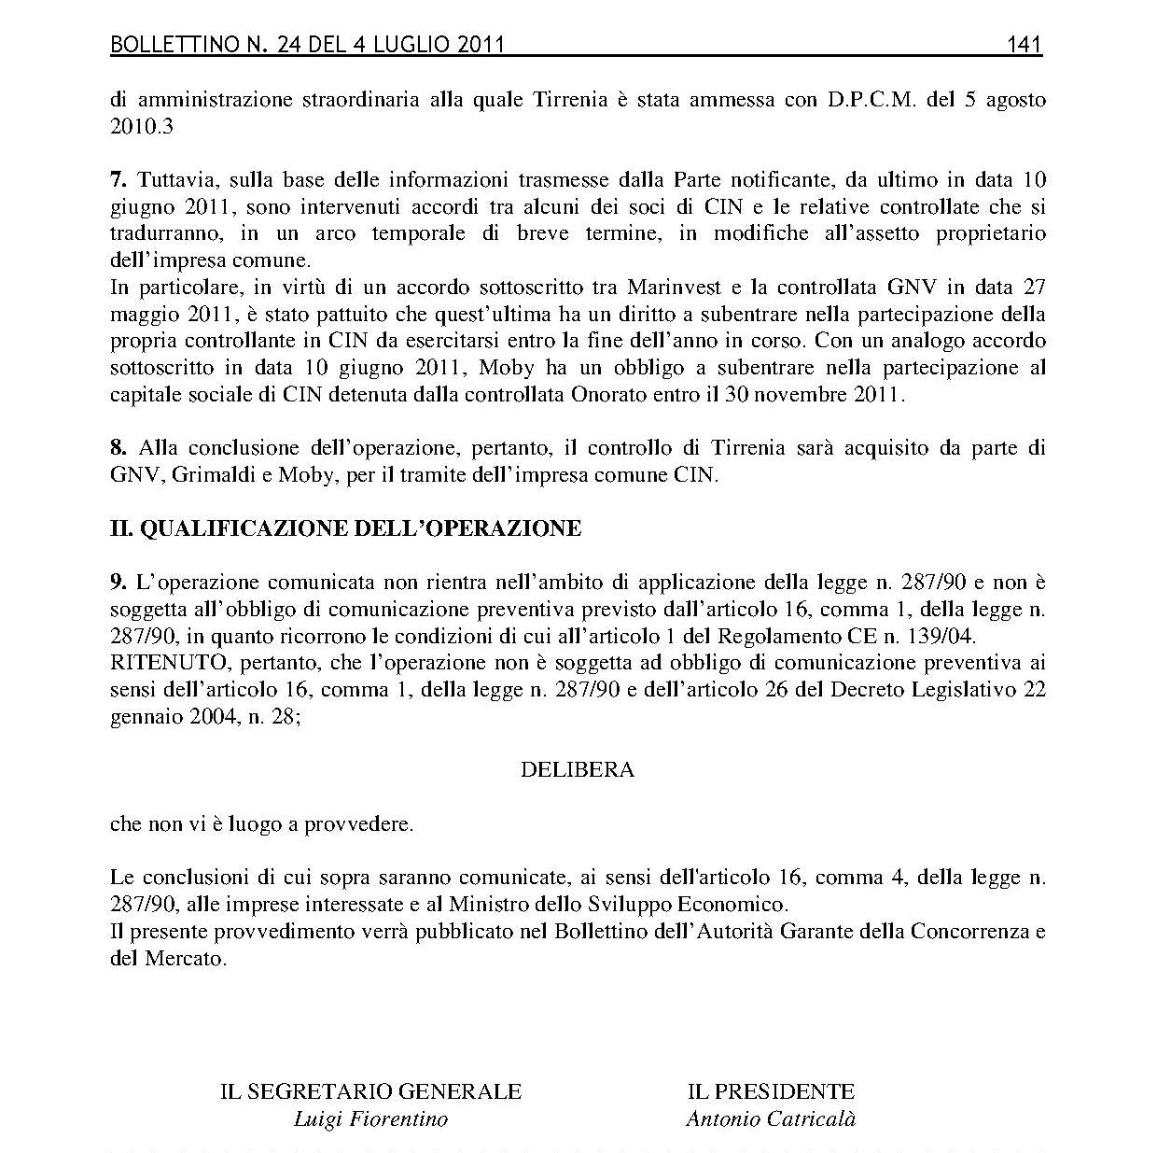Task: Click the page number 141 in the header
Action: [x=1024, y=45]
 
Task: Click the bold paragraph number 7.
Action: [x=118, y=179]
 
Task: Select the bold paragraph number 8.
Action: [x=118, y=447]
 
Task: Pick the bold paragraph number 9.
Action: [x=118, y=583]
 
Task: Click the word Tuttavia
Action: [x=176, y=179]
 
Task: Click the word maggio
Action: [x=139, y=314]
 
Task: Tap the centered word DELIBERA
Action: [x=577, y=770]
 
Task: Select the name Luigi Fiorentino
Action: [x=370, y=1118]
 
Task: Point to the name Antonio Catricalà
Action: [x=771, y=1118]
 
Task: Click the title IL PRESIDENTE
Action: [x=771, y=1091]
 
